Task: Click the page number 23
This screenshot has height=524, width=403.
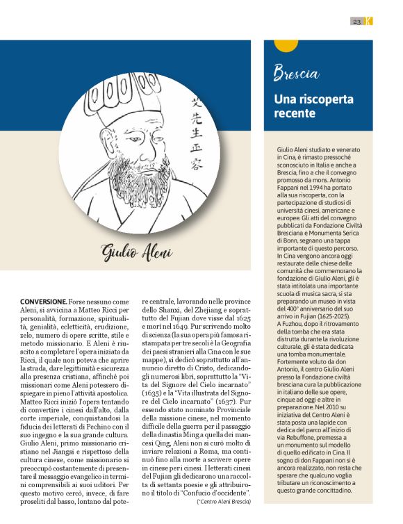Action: point(356,22)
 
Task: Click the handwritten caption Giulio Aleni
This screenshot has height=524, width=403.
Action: point(136,252)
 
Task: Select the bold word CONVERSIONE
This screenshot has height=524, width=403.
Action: point(43,301)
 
